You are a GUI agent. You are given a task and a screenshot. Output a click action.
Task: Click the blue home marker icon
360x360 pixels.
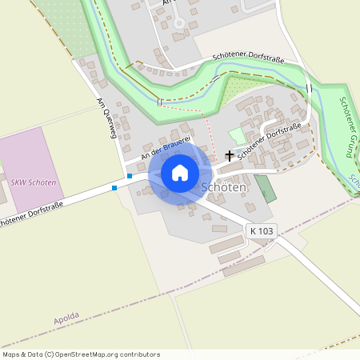click(180, 173)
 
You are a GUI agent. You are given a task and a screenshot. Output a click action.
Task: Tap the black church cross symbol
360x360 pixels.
click(230, 155)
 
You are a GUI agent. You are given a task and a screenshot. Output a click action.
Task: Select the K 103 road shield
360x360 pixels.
click(261, 230)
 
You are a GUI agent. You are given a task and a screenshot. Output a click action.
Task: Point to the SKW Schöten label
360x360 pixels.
click(34, 182)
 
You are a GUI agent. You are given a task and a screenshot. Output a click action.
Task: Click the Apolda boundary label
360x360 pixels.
click(67, 320)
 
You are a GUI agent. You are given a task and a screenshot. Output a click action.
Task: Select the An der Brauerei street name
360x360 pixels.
click(165, 146)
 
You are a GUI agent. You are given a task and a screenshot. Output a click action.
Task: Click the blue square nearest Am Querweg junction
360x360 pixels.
click(129, 176)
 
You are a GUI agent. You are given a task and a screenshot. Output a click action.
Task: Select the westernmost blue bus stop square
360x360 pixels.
click(114, 187)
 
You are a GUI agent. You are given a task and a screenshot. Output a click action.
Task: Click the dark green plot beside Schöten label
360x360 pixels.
click(265, 189)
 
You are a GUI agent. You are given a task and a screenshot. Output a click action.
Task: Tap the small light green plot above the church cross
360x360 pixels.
click(238, 137)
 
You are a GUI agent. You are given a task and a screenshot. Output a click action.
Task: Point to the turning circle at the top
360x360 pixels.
click(179, 23)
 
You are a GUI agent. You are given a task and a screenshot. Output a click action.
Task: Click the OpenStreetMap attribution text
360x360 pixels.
click(80, 354)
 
